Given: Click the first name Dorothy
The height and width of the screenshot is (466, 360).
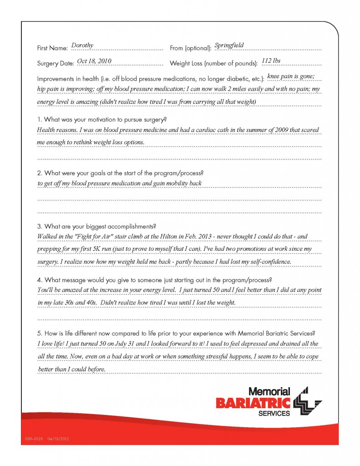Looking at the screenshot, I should point(82,45).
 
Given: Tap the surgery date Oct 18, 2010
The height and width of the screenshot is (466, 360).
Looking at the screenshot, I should point(94,61).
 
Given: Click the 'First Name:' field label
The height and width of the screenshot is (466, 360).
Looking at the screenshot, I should point(52,48).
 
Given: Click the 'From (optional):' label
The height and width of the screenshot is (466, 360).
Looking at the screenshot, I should point(190,48).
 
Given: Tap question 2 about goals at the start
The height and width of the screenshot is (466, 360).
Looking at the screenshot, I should point(120,173).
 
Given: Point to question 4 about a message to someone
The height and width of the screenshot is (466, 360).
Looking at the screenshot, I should point(155,279).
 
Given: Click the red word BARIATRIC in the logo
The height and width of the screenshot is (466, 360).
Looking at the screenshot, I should point(253,402).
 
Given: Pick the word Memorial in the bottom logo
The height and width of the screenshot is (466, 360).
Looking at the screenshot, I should point(269,391).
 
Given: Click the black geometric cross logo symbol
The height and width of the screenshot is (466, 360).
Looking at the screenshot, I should point(307,401).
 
